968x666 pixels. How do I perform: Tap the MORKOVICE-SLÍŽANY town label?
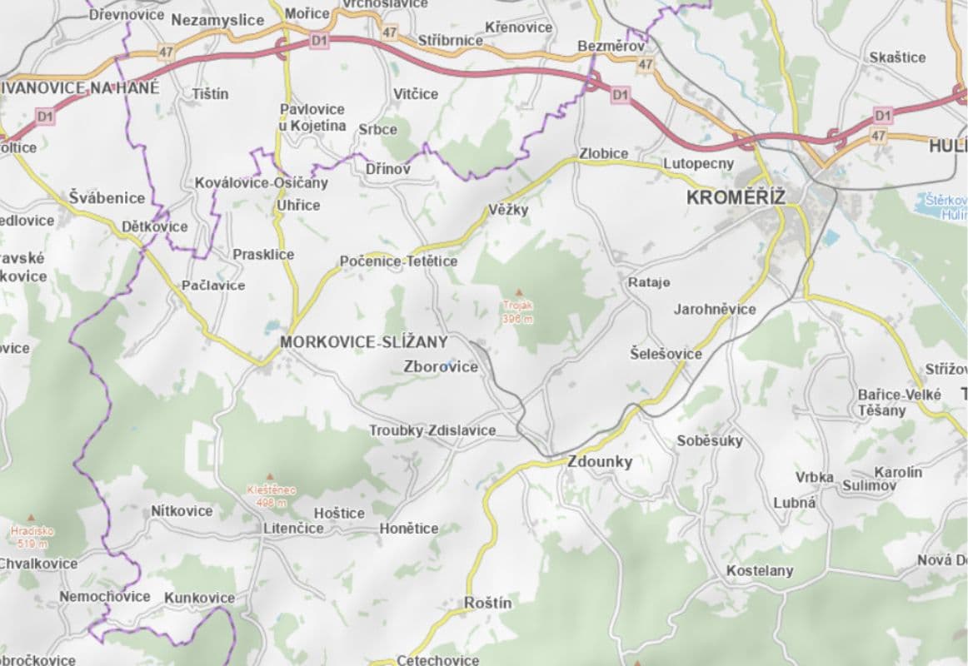pos(364,342)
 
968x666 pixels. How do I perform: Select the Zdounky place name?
pos(600,462)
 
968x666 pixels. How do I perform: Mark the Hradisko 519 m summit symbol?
pos(32,517)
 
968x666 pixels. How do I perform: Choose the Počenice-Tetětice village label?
pos(398,261)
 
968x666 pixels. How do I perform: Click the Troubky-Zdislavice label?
pos(432,430)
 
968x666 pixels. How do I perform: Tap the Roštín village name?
pos(488,603)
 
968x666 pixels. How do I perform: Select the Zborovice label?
pos(441,366)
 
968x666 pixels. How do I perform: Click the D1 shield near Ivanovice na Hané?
pos(45,117)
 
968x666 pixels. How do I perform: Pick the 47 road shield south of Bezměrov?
pos(645,64)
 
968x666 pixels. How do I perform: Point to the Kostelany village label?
pos(760,571)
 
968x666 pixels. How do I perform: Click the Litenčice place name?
pos(293,529)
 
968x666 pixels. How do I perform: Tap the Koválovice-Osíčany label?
pos(262,182)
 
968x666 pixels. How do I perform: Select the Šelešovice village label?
pos(666,354)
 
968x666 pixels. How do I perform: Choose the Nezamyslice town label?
pos(217,20)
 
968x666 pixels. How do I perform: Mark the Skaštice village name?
pos(897,57)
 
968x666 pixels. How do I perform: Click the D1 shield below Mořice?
pos(319,39)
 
